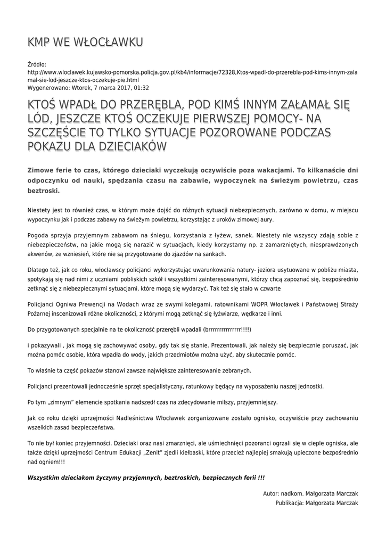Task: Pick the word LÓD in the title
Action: pyautogui.click(x=39, y=118)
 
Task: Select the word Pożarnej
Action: pyautogui.click(x=41, y=313)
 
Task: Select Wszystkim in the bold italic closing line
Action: pyautogui.click(x=46, y=478)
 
